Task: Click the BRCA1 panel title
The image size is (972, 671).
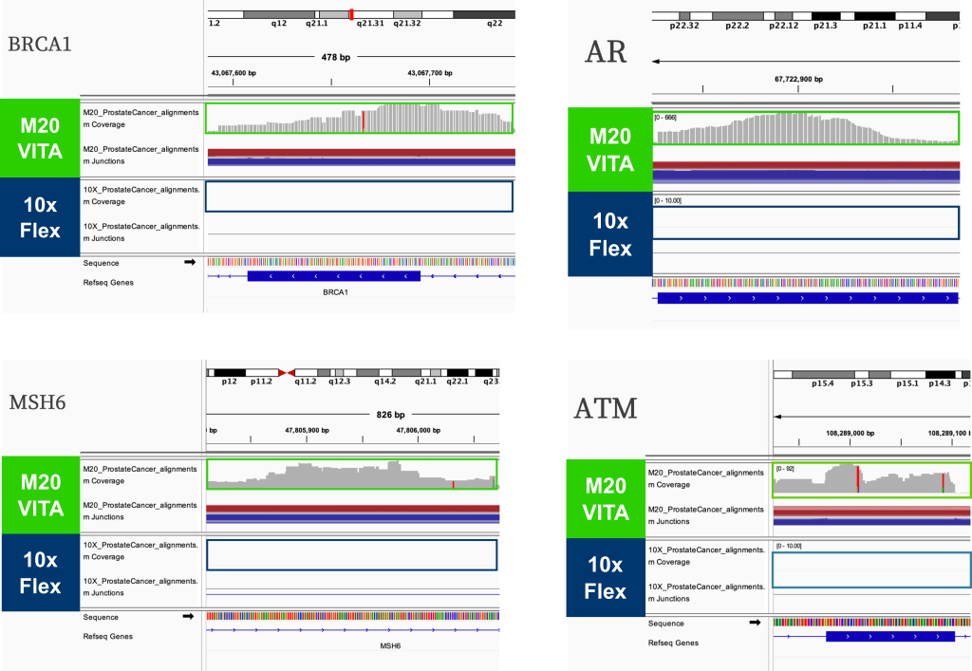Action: (x=41, y=46)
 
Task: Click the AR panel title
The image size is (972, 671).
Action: (x=607, y=52)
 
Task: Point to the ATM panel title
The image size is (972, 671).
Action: (x=606, y=410)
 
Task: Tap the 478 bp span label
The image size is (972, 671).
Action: (x=336, y=58)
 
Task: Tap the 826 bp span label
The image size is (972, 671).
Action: (x=391, y=415)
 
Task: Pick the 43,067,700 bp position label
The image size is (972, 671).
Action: (x=430, y=72)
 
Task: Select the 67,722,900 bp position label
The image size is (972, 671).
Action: (x=798, y=80)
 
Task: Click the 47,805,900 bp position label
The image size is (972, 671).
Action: (x=308, y=429)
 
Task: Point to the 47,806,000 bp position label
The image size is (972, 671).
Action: (x=420, y=429)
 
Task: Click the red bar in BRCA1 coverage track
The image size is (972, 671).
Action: (x=363, y=121)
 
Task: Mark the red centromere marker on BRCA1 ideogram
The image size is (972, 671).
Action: (x=352, y=14)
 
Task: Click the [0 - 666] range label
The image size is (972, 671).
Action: (x=667, y=117)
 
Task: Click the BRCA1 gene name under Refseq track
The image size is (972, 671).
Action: (x=336, y=292)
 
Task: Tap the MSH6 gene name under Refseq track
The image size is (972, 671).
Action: (x=390, y=645)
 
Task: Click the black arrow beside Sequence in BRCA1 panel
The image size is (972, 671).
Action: (x=189, y=262)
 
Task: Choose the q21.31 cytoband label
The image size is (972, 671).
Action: (x=369, y=23)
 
